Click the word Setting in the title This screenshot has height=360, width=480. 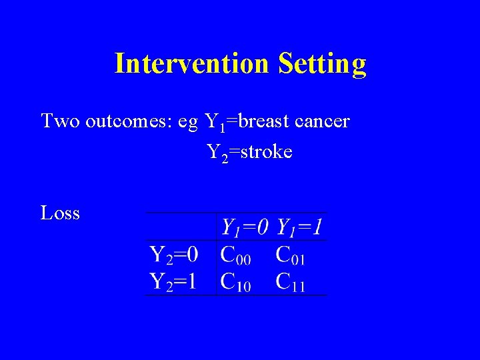323,64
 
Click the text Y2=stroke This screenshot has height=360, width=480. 249,153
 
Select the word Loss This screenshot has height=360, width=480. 60,213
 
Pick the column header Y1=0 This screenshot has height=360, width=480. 245,228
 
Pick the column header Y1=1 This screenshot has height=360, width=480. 300,228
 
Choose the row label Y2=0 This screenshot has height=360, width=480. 173,255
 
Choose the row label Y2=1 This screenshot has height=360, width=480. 173,281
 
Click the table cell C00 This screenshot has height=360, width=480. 236,255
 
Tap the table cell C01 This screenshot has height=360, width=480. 291,255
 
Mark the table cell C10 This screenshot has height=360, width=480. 236,281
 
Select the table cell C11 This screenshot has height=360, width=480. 291,281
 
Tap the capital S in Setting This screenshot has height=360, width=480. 285,63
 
